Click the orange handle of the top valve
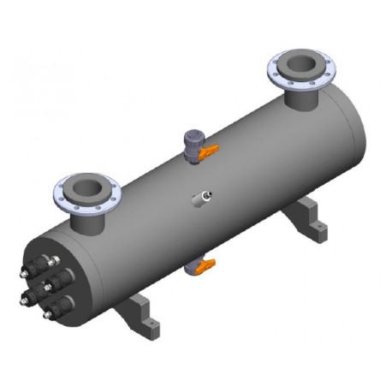point(208,152)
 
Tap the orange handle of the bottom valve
point(202,269)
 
